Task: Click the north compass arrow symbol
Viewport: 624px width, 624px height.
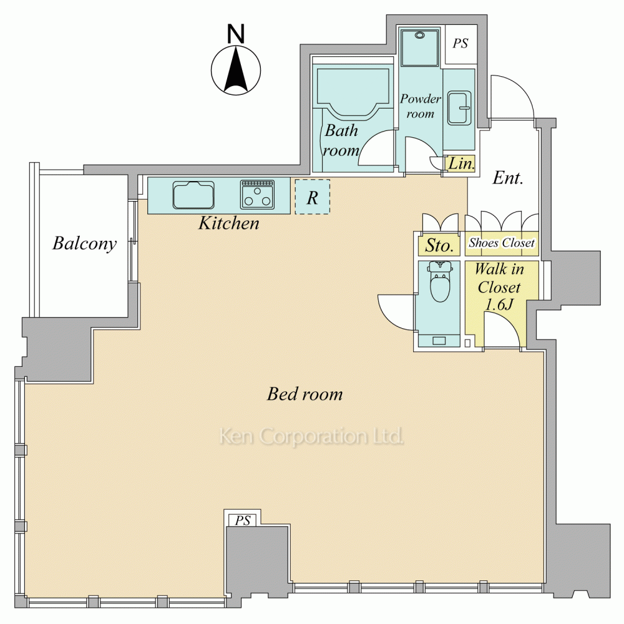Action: [236, 71]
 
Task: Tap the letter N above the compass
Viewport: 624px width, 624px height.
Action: [236, 34]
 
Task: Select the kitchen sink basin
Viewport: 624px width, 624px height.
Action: [193, 195]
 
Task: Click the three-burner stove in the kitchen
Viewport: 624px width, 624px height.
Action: [258, 195]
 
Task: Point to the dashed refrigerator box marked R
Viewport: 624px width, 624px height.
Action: [313, 197]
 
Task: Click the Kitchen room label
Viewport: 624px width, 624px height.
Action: [229, 223]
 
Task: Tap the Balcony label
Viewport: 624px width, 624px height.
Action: [85, 243]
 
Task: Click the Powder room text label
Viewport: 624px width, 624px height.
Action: [421, 106]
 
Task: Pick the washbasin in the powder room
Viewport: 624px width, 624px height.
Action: [459, 108]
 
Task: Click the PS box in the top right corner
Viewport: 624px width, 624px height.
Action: [461, 44]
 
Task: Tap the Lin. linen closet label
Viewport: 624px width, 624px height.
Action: [462, 163]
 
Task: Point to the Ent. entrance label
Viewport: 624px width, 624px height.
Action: [508, 178]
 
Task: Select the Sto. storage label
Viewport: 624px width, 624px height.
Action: [439, 245]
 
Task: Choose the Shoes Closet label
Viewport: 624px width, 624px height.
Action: [502, 242]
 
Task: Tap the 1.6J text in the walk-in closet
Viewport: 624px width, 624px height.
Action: [499, 305]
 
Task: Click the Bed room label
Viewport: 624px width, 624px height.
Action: [305, 394]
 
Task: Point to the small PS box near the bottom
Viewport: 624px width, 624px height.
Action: [243, 520]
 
